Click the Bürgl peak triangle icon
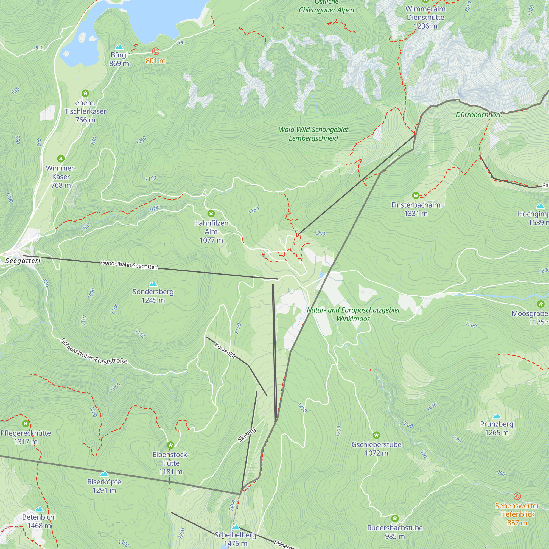[x=119, y=47]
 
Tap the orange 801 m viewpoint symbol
[x=156, y=51]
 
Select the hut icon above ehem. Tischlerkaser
[x=85, y=93]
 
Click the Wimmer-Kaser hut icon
[x=61, y=159]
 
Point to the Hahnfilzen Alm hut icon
[x=211, y=213]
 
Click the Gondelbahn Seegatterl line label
[x=129, y=265]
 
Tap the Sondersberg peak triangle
[x=153, y=284]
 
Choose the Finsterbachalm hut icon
[x=416, y=195]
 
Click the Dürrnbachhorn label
[x=479, y=115]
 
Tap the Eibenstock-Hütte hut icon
[x=170, y=445]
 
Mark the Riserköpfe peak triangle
[x=104, y=474]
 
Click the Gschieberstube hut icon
[x=376, y=435]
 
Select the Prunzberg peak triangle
[x=497, y=416]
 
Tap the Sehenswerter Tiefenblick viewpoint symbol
[x=517, y=496]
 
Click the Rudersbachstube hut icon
[x=395, y=518]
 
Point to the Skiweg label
[x=247, y=435]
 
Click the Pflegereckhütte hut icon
[x=26, y=424]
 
